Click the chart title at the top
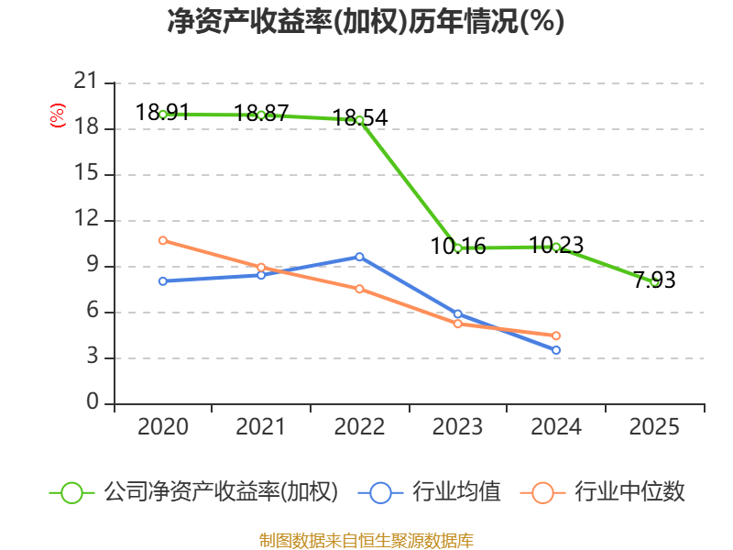(366, 22)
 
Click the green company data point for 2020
(163, 115)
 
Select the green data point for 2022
(359, 120)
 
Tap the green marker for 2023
(458, 247)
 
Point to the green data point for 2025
(654, 281)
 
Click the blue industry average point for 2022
(359, 257)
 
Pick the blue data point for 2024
(556, 350)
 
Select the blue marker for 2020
(163, 280)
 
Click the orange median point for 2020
(163, 240)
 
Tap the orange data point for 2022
(359, 289)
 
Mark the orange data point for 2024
(556, 335)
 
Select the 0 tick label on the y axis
(93, 403)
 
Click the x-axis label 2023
(458, 427)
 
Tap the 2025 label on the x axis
(654, 427)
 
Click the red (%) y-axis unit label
(57, 116)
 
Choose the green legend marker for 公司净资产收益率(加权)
(72, 492)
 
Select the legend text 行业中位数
(629, 492)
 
